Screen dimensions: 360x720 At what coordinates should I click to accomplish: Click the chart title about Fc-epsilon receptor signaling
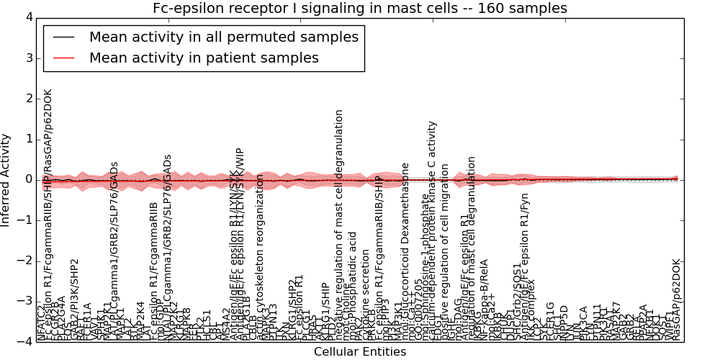359,9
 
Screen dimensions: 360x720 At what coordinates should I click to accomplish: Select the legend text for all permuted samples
222,37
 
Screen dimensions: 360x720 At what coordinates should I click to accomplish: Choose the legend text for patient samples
204,58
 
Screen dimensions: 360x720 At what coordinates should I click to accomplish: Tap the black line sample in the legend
64,37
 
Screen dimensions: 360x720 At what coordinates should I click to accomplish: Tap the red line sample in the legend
64,58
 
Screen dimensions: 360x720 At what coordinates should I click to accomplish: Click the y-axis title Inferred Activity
6,179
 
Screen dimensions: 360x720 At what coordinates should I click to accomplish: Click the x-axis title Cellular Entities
359,352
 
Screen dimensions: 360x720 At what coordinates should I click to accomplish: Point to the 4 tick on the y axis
28,17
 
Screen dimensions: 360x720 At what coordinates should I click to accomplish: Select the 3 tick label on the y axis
28,58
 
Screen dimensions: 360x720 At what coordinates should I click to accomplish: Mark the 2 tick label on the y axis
28,99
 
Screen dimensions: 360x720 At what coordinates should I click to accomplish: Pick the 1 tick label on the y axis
28,139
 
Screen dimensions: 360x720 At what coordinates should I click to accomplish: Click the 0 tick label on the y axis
28,179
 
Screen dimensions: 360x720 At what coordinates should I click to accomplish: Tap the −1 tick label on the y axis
25,220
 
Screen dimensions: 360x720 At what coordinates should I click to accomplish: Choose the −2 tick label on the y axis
25,261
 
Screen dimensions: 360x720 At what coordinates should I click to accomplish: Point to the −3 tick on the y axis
25,302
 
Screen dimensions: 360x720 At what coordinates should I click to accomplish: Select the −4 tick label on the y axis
25,342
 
